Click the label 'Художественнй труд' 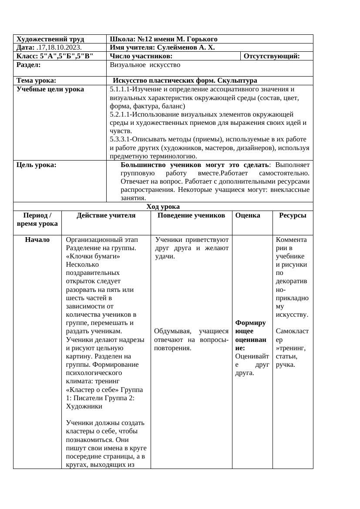click(x=50, y=39)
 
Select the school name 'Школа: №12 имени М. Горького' click(x=163, y=39)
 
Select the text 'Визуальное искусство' click(x=145, y=65)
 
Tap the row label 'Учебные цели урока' click(x=50, y=89)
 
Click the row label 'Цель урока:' click(x=36, y=165)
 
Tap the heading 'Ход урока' click(x=163, y=207)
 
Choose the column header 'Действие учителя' click(x=106, y=215)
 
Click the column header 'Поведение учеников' click(x=191, y=215)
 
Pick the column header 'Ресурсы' click(x=293, y=215)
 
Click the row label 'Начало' click(x=37, y=240)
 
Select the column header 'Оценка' click(x=248, y=215)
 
